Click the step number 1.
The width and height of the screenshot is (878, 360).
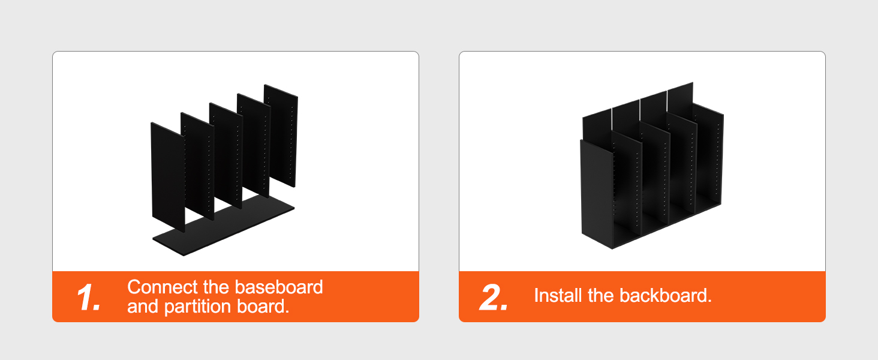point(89,298)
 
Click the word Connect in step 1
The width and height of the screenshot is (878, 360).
point(163,287)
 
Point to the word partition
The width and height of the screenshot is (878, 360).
point(197,307)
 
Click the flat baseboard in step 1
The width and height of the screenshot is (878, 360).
point(224,226)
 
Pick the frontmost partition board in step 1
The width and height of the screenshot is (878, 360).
point(168,177)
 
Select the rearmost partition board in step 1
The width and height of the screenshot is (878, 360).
point(281,136)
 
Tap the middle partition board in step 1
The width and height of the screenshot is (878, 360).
point(225,155)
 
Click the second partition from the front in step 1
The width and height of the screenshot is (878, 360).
point(197,166)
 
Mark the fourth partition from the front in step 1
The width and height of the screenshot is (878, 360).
point(254,145)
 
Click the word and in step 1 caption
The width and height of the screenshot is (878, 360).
point(143,306)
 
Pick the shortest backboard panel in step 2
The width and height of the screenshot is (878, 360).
point(597,126)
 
